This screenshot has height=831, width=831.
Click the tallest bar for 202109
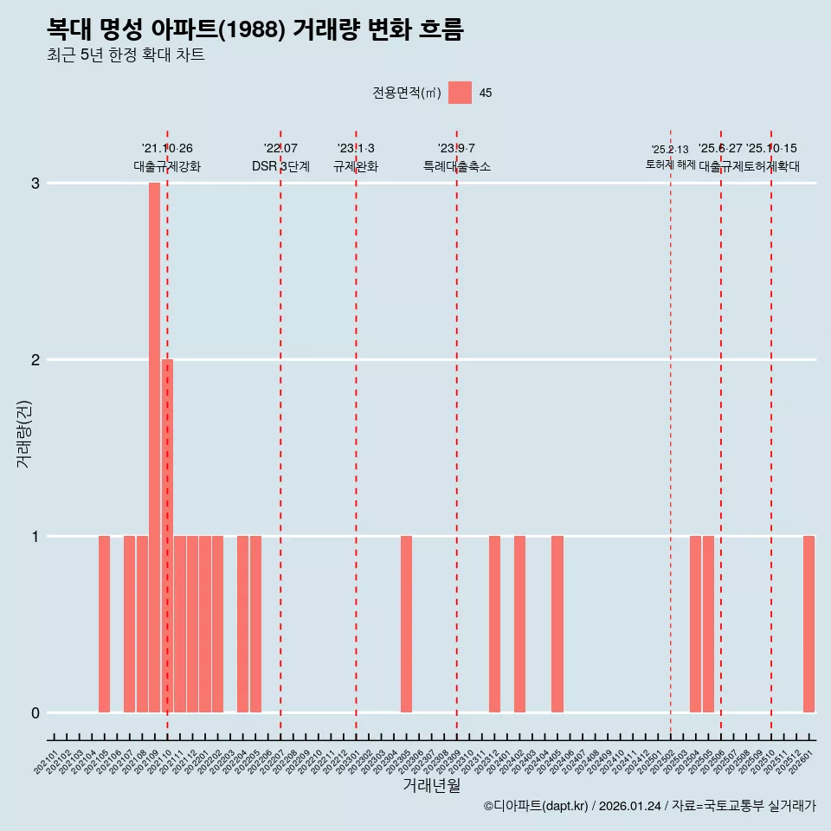pyautogui.click(x=154, y=447)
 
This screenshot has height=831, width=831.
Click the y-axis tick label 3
pyautogui.click(x=35, y=184)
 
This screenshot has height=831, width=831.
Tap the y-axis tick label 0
pyautogui.click(x=35, y=713)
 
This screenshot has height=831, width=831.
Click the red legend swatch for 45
pyautogui.click(x=460, y=93)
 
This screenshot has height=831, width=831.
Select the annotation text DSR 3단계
pyautogui.click(x=280, y=166)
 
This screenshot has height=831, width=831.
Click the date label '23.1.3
pyautogui.click(x=356, y=149)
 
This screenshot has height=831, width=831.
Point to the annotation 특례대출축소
pyautogui.click(x=456, y=166)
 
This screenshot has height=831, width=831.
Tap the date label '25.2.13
pyautogui.click(x=670, y=150)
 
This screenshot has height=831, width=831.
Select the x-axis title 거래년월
pyautogui.click(x=431, y=786)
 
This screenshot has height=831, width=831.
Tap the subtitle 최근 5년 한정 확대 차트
pyautogui.click(x=126, y=55)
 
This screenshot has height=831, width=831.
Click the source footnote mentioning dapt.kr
pyautogui.click(x=649, y=806)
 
